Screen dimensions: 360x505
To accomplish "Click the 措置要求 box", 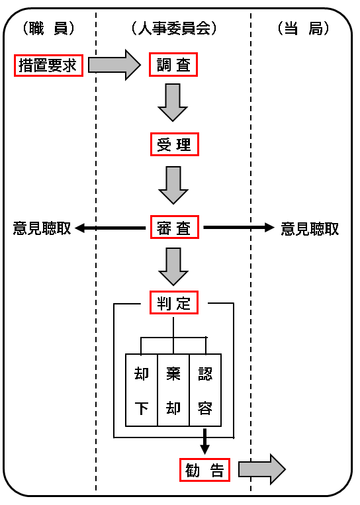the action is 48,66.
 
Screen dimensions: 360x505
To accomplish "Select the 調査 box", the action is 173,65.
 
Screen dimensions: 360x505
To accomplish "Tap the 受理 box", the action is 175,144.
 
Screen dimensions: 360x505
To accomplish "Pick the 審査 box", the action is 175,227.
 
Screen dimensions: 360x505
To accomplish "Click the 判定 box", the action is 174,302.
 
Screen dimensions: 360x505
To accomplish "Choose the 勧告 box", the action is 204,469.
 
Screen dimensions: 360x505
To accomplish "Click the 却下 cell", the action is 142,390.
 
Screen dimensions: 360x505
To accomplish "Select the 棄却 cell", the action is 173,390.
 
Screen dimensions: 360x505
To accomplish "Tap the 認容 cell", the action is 205,390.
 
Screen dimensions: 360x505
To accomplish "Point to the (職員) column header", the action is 48,28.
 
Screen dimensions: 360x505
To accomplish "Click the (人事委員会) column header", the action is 174,28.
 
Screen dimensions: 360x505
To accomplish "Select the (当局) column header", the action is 303,28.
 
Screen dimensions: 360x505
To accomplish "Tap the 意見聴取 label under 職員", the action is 42,228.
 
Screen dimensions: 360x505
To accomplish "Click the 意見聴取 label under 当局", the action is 310,228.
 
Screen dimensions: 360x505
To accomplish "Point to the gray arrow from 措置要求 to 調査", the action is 114,65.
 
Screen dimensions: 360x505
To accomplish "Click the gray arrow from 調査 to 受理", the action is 173,103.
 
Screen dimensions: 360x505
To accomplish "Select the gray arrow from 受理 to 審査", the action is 173,185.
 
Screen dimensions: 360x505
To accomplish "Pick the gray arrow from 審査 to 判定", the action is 173,266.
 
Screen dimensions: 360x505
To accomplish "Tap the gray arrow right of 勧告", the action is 262,469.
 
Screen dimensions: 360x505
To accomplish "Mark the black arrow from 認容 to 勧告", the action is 204,441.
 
